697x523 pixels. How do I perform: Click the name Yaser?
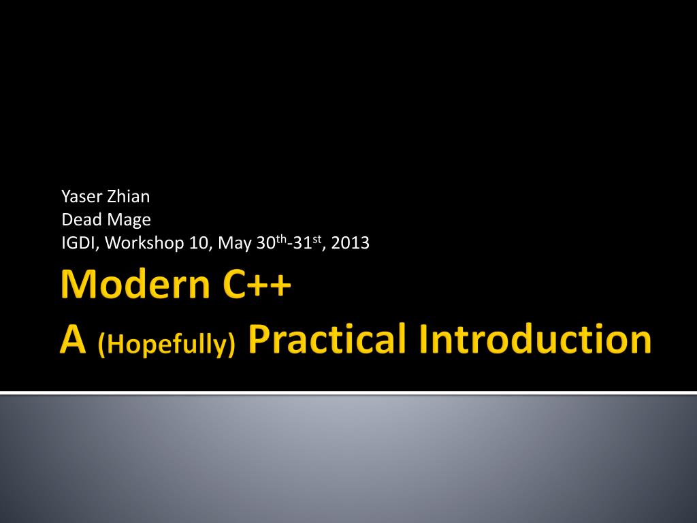[82, 197]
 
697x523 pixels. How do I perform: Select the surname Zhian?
[129, 197]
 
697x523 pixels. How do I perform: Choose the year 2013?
[351, 243]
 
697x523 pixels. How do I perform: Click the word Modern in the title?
[135, 284]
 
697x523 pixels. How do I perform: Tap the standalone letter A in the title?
[73, 339]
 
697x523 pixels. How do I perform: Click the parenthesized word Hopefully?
[166, 344]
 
